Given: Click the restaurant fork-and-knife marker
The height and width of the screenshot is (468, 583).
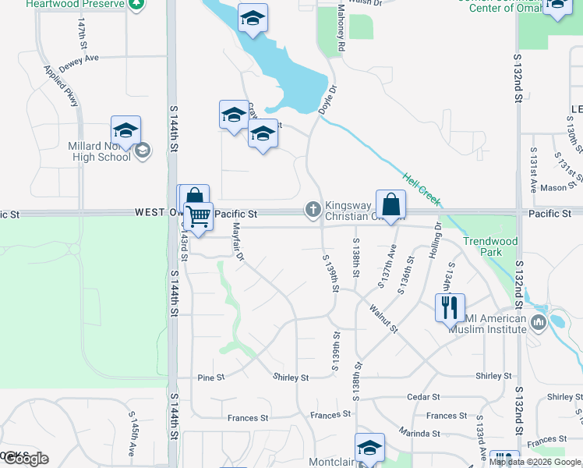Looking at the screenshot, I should (450, 307).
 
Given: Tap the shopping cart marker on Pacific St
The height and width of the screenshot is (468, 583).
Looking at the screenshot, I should (199, 215).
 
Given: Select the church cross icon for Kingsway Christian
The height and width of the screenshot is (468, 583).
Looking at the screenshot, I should (313, 209).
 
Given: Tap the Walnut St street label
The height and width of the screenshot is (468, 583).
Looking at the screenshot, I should (383, 318).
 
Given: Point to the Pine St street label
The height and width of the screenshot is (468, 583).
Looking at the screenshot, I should (210, 378).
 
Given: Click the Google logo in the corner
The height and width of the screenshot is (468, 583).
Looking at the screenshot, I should (25, 458).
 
